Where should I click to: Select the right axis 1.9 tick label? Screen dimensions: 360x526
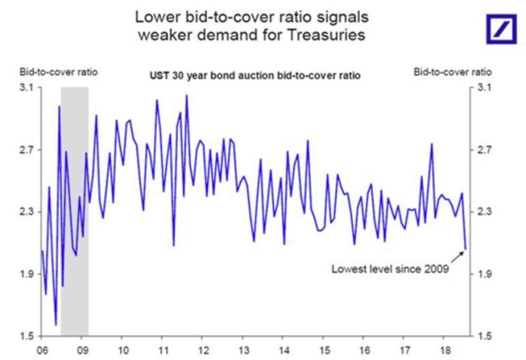[x=483, y=274]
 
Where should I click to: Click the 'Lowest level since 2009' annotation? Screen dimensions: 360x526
[x=390, y=269]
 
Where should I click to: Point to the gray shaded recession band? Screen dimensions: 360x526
[x=74, y=205]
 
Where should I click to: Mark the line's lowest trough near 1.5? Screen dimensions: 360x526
[x=56, y=325]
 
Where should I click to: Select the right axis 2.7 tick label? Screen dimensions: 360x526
[x=483, y=150]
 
